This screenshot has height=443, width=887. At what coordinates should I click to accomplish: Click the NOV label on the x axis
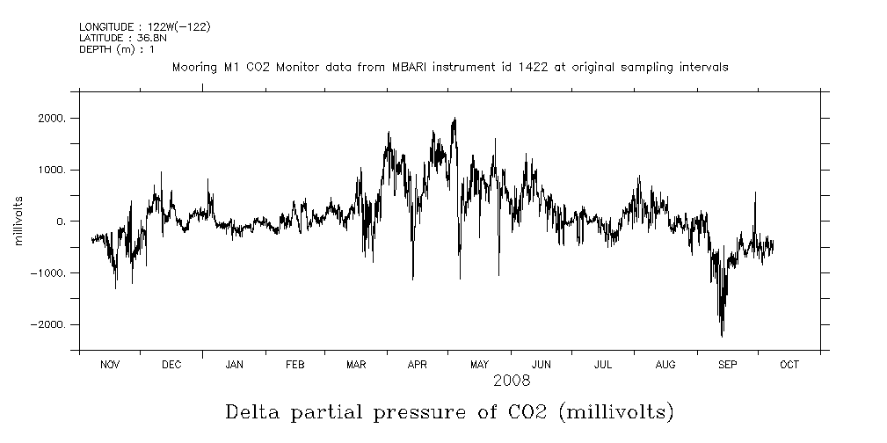[x=110, y=365]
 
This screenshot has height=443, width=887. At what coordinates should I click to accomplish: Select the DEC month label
[x=172, y=365]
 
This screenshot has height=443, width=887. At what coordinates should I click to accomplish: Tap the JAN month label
[x=234, y=365]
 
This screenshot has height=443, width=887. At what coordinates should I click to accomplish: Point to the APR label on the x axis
[x=418, y=365]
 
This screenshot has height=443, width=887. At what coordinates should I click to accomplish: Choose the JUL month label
[x=603, y=365]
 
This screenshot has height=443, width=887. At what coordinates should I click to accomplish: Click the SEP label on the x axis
[x=728, y=365]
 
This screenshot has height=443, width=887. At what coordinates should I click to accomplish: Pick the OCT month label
[x=789, y=365]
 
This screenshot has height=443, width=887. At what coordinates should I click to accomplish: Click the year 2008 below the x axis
[x=511, y=381]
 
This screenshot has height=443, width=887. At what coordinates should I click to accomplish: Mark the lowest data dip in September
[x=722, y=336]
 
